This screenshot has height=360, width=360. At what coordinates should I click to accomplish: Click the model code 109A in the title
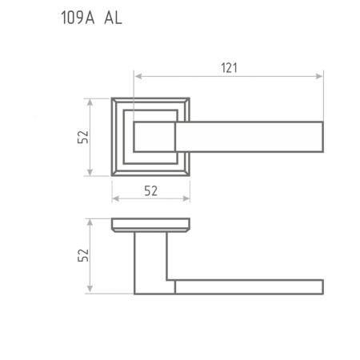[x=78, y=18]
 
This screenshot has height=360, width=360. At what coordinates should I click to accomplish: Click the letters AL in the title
[x=113, y=18]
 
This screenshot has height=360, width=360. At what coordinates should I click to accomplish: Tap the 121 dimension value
[x=229, y=68]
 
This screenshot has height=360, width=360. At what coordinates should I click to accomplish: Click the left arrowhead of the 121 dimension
[x=138, y=77]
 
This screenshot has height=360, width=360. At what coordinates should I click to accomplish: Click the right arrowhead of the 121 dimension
[x=319, y=77]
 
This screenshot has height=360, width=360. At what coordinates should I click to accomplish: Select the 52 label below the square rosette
[x=151, y=191]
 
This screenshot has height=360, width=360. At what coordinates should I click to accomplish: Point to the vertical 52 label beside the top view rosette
[x=83, y=137]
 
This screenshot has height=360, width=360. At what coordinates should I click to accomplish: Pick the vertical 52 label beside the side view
[x=83, y=255]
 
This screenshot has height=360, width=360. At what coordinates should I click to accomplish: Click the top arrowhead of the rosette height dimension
[x=90, y=102]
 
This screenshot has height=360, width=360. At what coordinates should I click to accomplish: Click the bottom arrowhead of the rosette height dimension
[x=90, y=172]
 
